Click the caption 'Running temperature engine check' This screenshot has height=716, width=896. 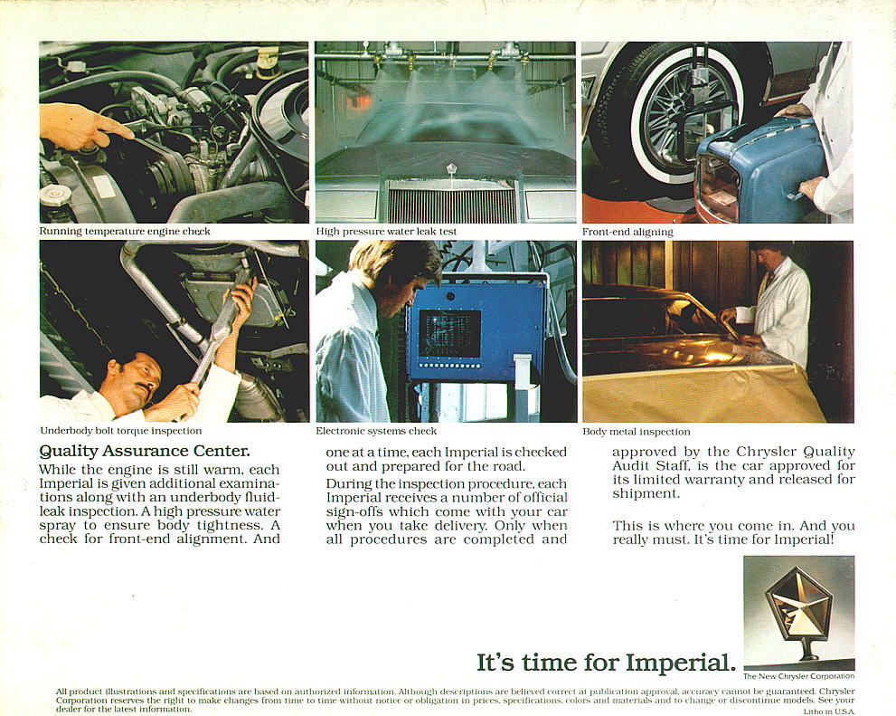click(125, 232)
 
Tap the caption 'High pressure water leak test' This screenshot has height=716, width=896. click(386, 232)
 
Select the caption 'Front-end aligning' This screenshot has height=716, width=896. click(627, 233)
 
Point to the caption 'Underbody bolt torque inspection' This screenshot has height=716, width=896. click(120, 431)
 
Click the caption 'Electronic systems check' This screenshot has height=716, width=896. click(376, 431)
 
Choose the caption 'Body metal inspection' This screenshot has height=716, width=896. click(636, 432)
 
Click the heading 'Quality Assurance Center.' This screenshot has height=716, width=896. click(145, 451)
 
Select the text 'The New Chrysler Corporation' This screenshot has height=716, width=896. click(799, 676)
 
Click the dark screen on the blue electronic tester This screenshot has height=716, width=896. click(449, 333)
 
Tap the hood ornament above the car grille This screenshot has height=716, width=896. click(451, 171)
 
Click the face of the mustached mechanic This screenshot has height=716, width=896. click(138, 380)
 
